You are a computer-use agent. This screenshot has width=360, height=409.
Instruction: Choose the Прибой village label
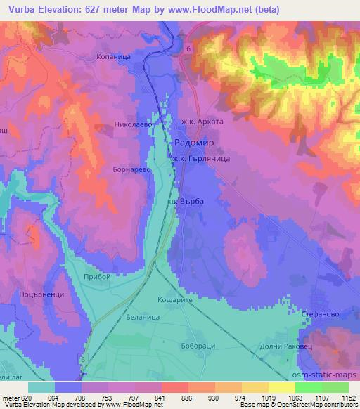(97, 277)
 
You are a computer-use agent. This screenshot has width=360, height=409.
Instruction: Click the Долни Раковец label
(311, 347)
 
